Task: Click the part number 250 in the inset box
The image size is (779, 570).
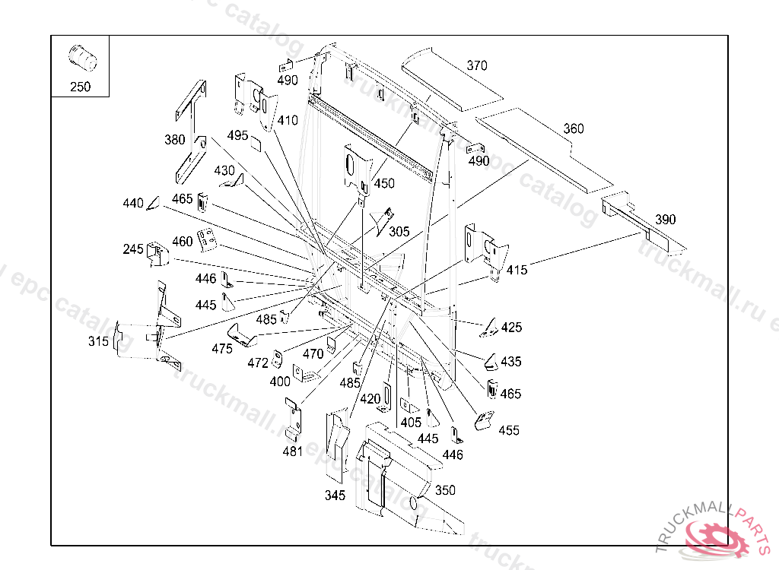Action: [81, 87]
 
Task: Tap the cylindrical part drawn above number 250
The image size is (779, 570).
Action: [82, 59]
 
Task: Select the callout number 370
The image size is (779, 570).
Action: [477, 65]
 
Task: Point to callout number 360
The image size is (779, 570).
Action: [574, 128]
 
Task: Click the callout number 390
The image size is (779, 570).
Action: [665, 220]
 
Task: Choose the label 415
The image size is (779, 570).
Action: [517, 270]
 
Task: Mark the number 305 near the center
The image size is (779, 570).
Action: [399, 231]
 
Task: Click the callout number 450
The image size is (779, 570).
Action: [384, 183]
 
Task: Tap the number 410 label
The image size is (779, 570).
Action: [288, 120]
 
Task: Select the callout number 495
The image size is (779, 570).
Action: [237, 135]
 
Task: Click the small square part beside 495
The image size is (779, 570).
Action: [256, 143]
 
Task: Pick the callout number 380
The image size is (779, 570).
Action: [175, 140]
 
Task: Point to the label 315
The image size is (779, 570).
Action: [98, 341]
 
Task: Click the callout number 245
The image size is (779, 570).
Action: [133, 249]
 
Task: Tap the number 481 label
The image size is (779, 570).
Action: [293, 451]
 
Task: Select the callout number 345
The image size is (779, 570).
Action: [335, 495]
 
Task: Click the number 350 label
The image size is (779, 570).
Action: [445, 490]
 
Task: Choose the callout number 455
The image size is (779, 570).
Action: [509, 430]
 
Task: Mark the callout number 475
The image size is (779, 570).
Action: [222, 349]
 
